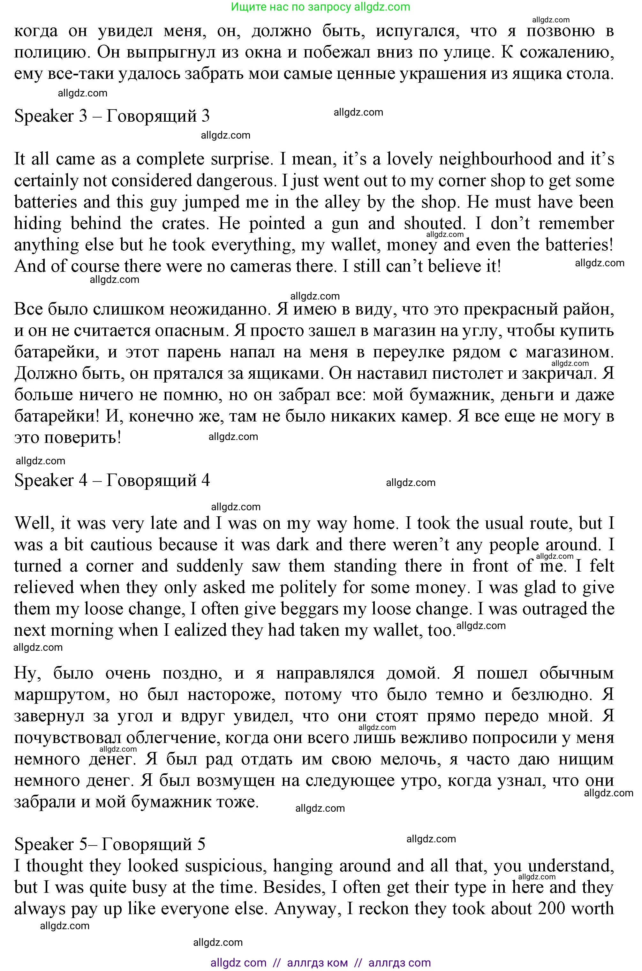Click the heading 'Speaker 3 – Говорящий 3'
[x=112, y=116]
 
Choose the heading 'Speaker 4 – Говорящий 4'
[x=112, y=480]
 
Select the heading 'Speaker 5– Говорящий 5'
[x=110, y=844]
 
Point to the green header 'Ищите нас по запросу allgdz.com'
[x=321, y=7]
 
